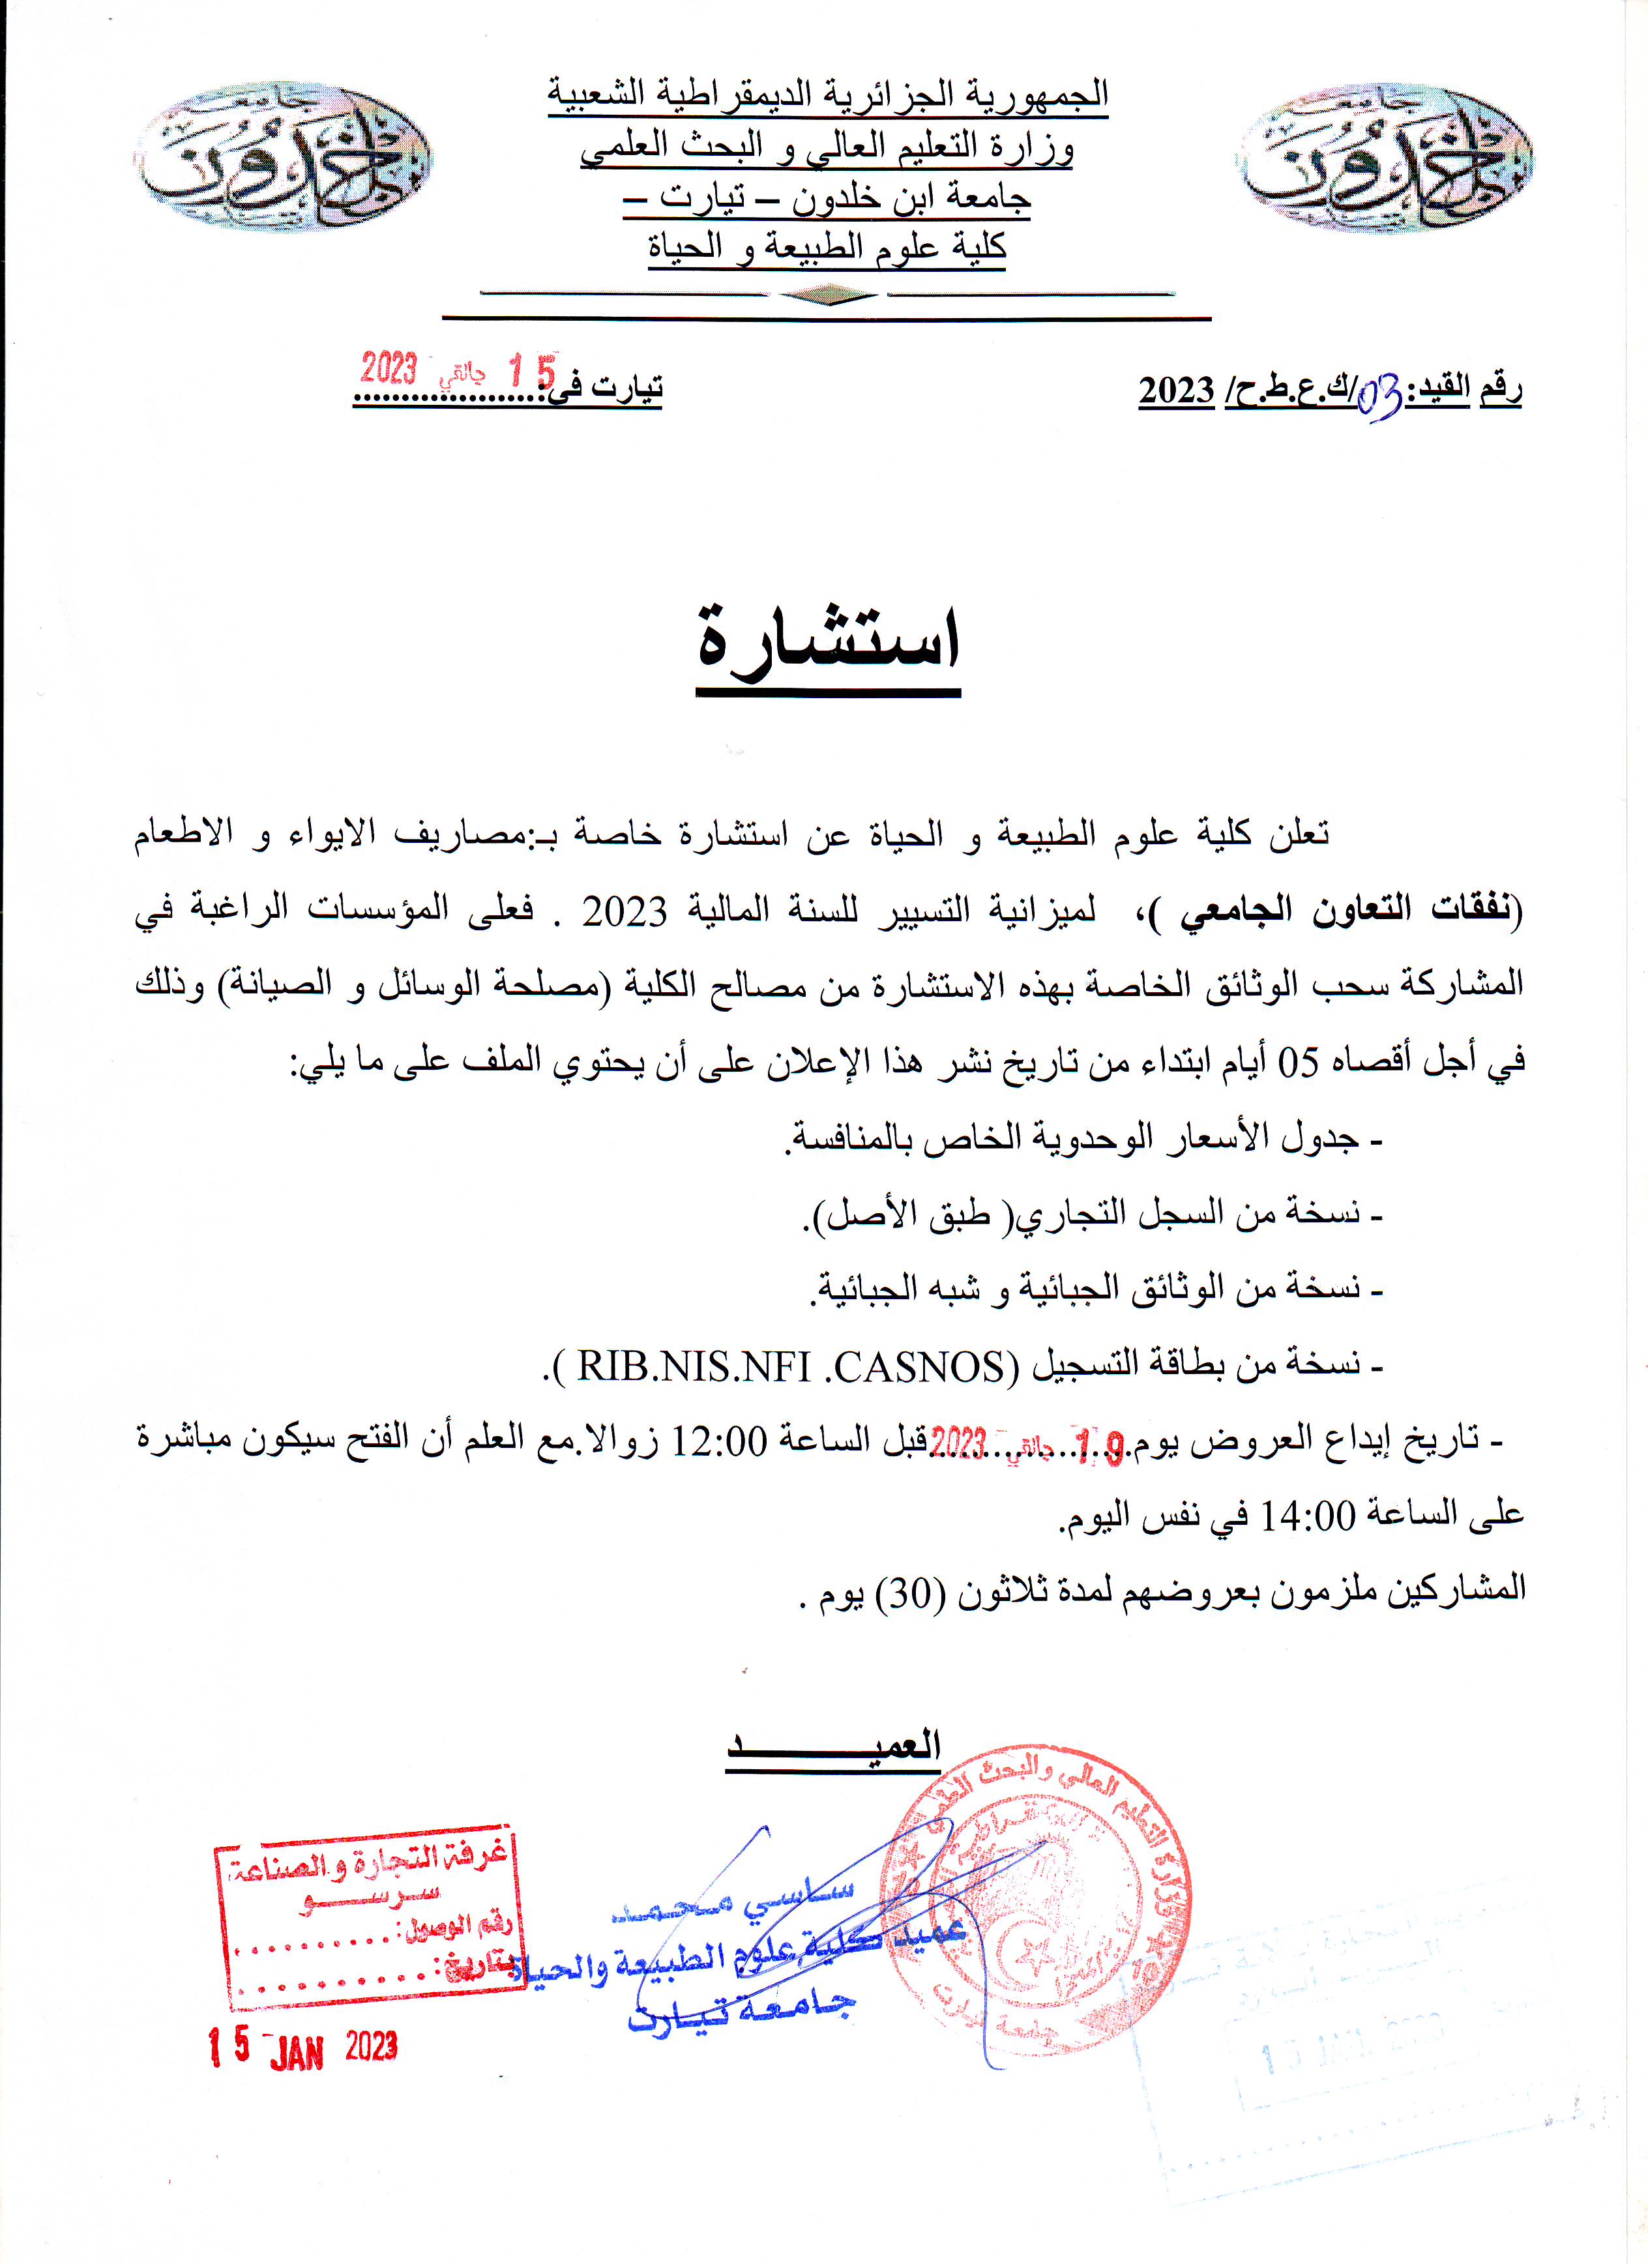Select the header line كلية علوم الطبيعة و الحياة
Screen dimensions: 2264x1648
click(827, 246)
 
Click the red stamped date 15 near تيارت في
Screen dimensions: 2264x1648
click(531, 372)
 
